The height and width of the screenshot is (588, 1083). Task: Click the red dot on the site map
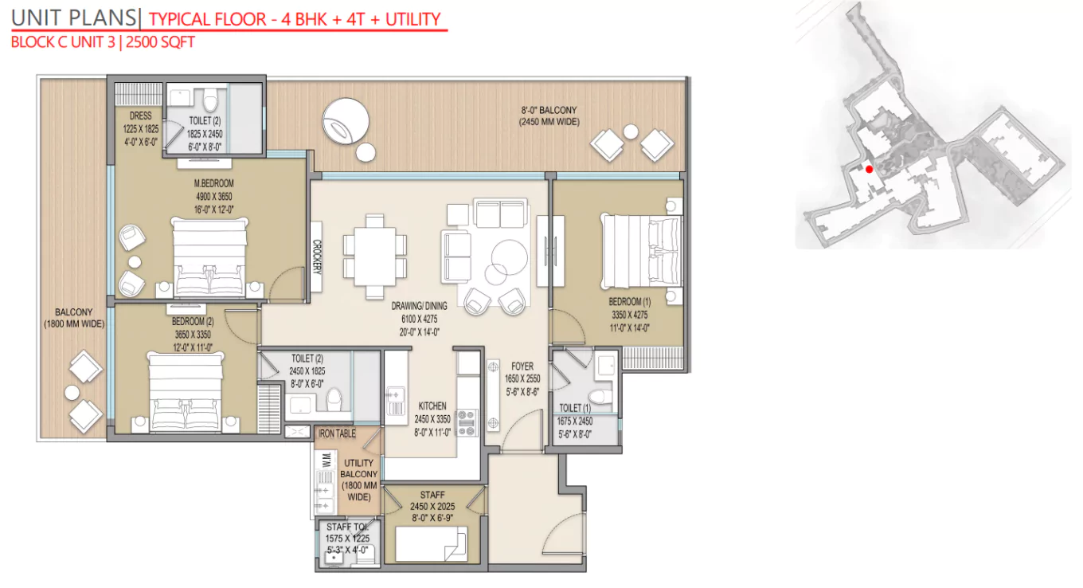(x=869, y=169)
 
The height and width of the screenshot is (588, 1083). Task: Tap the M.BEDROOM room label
(x=214, y=183)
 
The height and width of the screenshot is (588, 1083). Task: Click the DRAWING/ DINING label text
(x=419, y=306)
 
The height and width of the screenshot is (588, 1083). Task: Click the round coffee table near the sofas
(x=508, y=257)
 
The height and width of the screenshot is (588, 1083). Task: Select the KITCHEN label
(x=432, y=406)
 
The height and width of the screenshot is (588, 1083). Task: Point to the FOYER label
(x=522, y=367)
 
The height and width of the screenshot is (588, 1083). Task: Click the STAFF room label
(x=432, y=496)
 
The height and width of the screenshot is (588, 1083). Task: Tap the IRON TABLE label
(x=337, y=434)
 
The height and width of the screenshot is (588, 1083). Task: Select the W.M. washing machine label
(x=325, y=461)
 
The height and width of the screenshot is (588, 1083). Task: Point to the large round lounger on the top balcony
(x=345, y=121)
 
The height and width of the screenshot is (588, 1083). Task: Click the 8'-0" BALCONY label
(x=549, y=110)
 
